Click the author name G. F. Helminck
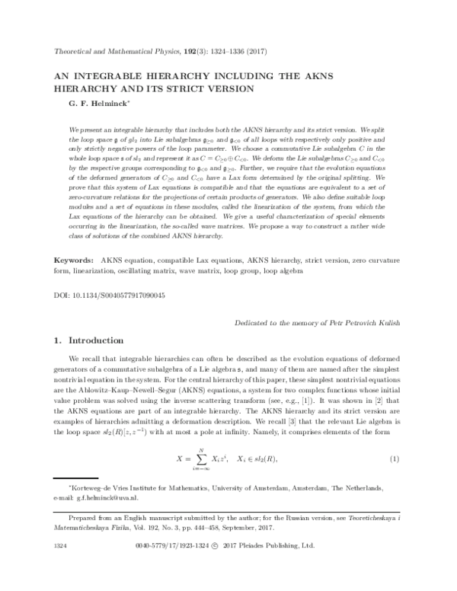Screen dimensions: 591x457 coord(89,105)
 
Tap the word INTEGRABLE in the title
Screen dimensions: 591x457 coord(132,77)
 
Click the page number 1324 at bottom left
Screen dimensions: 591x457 coord(57,568)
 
